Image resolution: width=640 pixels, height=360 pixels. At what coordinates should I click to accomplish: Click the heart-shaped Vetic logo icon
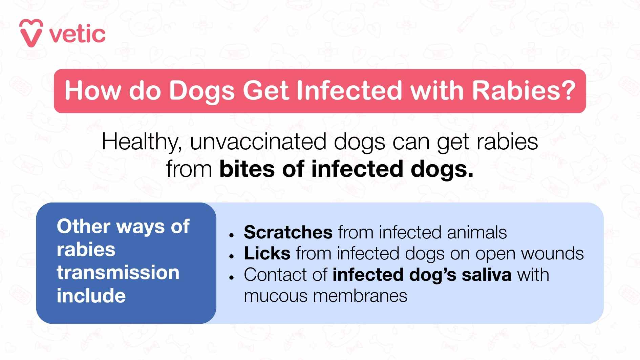click(x=31, y=33)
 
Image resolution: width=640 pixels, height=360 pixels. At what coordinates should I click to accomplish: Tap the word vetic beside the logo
click(x=78, y=35)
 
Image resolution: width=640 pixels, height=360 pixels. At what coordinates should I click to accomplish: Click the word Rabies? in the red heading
click(x=524, y=91)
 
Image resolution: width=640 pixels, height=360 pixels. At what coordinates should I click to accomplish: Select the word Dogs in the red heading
click(x=201, y=91)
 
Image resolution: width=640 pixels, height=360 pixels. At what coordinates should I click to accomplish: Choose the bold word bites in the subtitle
click(x=247, y=169)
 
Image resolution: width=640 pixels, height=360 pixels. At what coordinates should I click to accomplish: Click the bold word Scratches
click(x=288, y=232)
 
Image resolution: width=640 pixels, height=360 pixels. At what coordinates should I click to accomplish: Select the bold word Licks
click(x=267, y=253)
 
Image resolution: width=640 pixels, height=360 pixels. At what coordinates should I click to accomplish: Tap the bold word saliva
click(x=487, y=275)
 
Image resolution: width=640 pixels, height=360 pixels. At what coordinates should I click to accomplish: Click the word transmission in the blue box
click(x=118, y=273)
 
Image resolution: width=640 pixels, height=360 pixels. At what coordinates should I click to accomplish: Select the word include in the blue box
click(x=91, y=296)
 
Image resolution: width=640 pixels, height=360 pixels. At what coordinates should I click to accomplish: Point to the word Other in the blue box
click(x=83, y=226)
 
